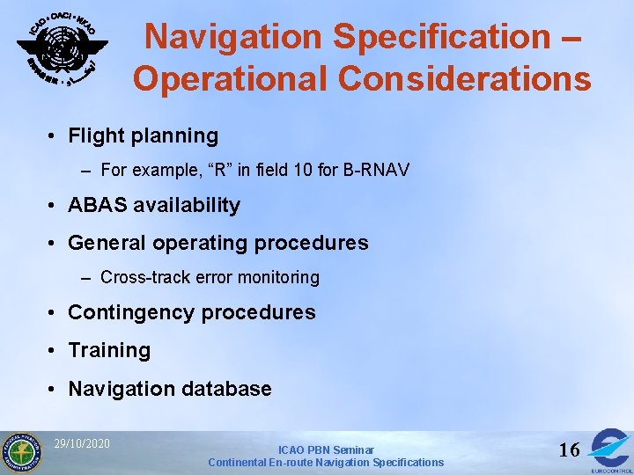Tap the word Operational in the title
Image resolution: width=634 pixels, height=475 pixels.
click(231, 79)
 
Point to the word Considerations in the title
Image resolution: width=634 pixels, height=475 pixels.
click(465, 79)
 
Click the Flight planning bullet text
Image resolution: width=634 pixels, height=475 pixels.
click(143, 136)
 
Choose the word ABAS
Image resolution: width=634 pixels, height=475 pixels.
click(95, 206)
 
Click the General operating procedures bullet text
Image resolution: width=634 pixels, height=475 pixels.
click(217, 243)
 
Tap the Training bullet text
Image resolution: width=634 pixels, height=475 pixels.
click(109, 351)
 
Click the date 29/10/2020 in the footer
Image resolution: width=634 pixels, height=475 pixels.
click(82, 443)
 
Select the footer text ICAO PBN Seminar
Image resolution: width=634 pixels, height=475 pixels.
click(326, 449)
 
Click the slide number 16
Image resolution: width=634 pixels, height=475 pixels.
click(569, 450)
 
